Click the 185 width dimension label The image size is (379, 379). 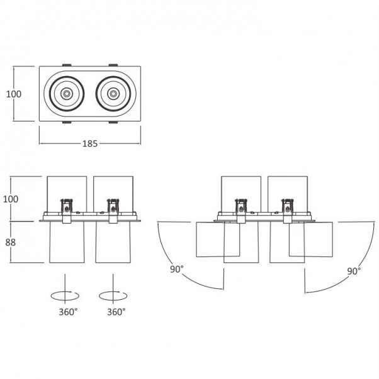[x=90, y=143]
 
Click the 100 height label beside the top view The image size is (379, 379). [x=13, y=94]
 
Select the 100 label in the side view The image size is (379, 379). [x=11, y=199]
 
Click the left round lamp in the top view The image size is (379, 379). [x=66, y=94]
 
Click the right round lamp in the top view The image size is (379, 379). [x=113, y=94]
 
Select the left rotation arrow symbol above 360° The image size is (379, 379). [x=65, y=294]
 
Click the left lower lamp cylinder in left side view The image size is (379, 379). [x=66, y=242]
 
